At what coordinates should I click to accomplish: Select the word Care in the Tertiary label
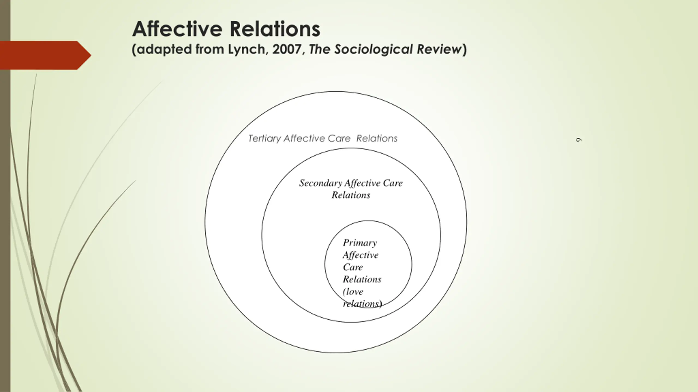[x=339, y=139]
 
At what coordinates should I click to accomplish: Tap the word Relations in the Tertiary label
[x=377, y=139]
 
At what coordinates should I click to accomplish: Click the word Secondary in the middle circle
[x=321, y=183]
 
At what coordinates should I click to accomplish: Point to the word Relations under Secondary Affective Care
[x=351, y=195]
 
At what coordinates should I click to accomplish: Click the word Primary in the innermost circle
[x=360, y=243]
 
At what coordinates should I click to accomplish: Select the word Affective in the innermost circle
[x=361, y=255]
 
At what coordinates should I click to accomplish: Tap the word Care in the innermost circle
[x=353, y=267]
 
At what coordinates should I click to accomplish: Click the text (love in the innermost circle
[x=353, y=292]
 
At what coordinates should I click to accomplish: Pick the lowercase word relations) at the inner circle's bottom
[x=362, y=304]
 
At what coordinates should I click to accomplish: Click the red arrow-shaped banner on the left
[x=46, y=55]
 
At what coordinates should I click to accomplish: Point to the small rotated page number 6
[x=579, y=140]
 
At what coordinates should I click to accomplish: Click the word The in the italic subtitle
[x=319, y=49]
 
